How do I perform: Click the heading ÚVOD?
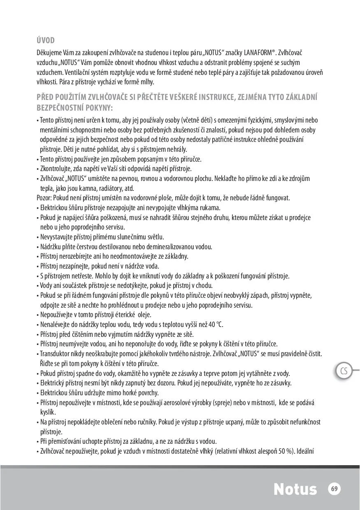(46, 40)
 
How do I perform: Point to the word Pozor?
(45, 198)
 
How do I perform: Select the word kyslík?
(48, 412)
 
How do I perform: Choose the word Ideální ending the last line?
(305, 451)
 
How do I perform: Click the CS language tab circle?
(344, 371)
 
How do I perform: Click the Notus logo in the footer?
(295, 489)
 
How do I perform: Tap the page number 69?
(334, 489)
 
